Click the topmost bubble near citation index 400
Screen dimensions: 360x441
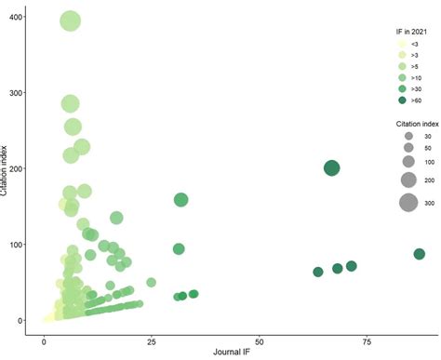(x=70, y=21)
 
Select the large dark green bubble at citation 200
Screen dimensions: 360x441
(x=332, y=168)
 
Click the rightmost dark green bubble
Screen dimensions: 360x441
(x=420, y=254)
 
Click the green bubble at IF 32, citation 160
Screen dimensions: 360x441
(x=180, y=199)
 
